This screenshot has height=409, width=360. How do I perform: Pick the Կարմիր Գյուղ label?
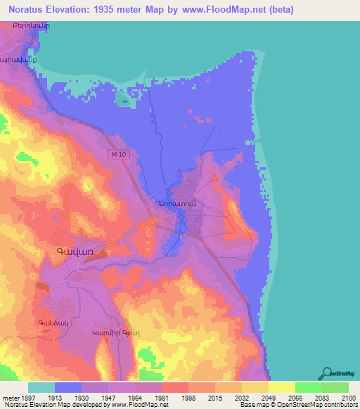tap(112, 332)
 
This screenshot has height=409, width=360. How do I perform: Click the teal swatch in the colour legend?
tap(41, 387)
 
